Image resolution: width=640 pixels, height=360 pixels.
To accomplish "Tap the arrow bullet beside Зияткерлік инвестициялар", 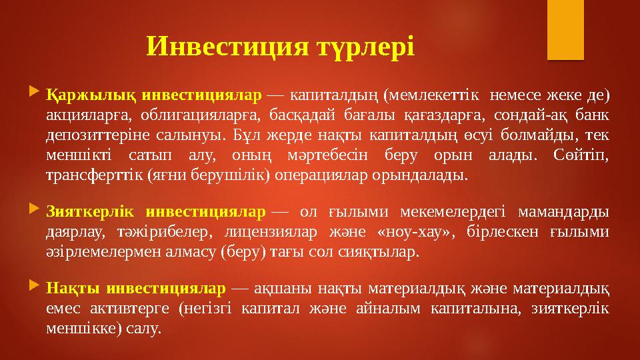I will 35,211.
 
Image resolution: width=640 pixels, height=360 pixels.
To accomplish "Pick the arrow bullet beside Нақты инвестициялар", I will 35,288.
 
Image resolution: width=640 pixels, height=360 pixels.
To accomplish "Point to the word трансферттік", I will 83,176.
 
